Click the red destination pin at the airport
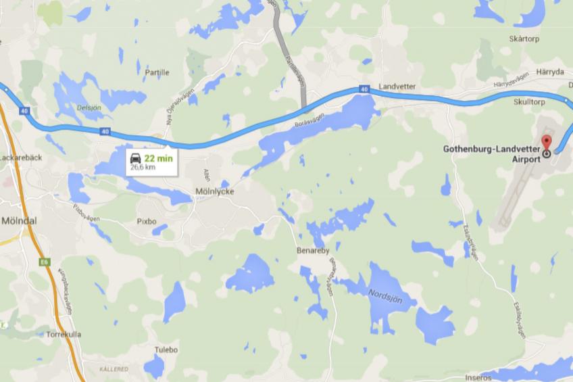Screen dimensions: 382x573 pyautogui.click(x=546, y=143)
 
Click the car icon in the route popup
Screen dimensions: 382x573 pyautogui.click(x=135, y=159)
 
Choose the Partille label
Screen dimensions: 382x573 pyautogui.click(x=157, y=72)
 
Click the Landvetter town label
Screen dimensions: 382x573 pyautogui.click(x=397, y=87)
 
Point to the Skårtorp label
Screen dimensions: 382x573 pyautogui.click(x=522, y=39)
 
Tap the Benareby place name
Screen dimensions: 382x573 pyautogui.click(x=312, y=250)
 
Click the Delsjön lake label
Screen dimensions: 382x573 pyautogui.click(x=89, y=107)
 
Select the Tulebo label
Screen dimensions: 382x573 pyautogui.click(x=166, y=350)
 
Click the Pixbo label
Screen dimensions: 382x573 pyautogui.click(x=146, y=221)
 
